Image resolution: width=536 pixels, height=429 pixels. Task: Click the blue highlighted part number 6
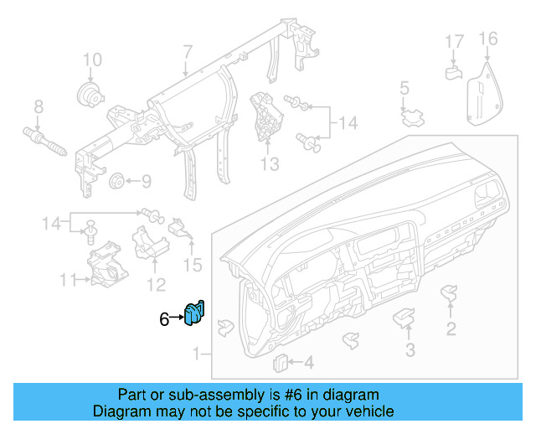coord(195,313)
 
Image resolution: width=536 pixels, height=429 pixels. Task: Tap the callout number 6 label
coord(164,318)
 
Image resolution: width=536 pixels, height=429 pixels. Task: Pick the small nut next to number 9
coord(117,180)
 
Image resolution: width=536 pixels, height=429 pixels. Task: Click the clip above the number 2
coord(450,294)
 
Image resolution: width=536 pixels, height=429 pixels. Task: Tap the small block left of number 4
coord(282,362)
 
